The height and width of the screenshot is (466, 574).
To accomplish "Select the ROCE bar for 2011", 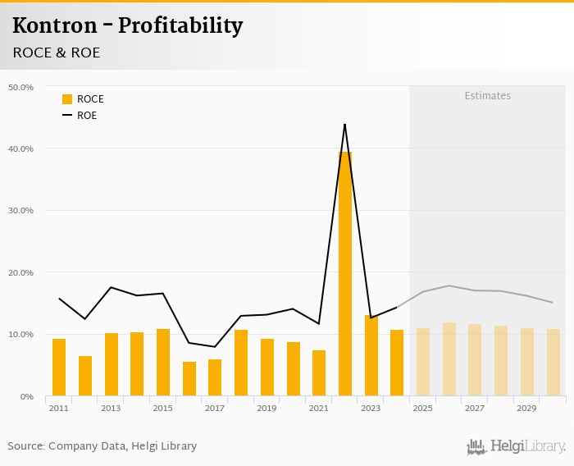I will click(59, 367).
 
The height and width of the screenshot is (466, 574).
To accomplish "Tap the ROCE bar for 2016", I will click(189, 378).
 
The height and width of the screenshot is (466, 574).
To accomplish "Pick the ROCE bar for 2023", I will click(371, 355).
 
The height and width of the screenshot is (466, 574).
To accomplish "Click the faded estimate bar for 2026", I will click(449, 359).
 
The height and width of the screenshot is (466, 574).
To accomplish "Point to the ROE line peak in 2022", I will click(345, 125).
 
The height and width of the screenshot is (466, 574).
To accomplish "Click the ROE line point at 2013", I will click(111, 287).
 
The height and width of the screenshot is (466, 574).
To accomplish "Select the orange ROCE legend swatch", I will click(67, 99).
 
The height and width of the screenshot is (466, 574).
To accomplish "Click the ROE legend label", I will click(87, 116).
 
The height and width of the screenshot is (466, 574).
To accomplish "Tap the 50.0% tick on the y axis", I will click(20, 87).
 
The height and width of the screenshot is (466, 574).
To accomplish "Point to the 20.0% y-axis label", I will click(20, 272).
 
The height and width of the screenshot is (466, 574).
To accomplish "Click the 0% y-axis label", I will click(27, 396).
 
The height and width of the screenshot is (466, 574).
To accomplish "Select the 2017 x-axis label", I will click(215, 408).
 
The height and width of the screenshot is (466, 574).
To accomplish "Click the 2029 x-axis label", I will click(527, 408).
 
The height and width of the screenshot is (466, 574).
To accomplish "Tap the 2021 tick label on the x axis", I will click(319, 408).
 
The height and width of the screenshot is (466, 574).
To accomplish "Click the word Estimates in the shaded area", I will click(487, 96).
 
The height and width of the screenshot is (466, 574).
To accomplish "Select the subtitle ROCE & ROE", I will click(56, 53).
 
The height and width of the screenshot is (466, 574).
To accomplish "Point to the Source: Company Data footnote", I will click(102, 446).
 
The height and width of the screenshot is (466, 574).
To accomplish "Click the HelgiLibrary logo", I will click(517, 446).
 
